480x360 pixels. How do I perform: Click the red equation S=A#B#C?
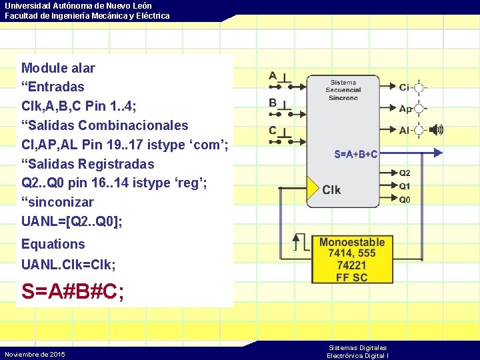[73, 292]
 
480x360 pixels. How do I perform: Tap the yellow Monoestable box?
[352, 259]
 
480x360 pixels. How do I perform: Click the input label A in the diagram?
[273, 76]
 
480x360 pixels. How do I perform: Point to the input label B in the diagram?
[273, 103]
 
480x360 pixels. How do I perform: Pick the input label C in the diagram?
[273, 131]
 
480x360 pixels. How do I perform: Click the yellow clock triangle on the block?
[312, 189]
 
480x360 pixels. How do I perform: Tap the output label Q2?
[405, 173]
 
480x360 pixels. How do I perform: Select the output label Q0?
[405, 199]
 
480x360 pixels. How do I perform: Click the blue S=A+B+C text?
[355, 154]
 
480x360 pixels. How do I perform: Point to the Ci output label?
[404, 87]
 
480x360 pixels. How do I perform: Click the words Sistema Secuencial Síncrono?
[343, 90]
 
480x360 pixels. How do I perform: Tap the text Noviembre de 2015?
[35, 354]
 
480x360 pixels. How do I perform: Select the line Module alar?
[58, 68]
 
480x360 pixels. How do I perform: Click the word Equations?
[53, 244]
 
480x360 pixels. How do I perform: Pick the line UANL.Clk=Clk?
[69, 265]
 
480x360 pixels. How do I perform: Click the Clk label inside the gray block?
[331, 190]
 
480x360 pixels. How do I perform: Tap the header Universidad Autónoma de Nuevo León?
[78, 5]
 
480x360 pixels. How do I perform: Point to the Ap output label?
[405, 109]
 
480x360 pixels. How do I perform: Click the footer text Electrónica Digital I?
[357, 356]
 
